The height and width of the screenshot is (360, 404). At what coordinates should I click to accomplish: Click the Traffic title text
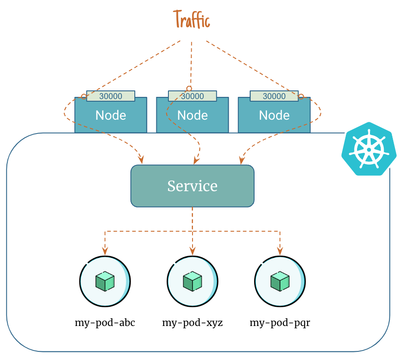(192, 20)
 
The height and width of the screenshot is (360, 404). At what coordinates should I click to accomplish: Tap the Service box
(192, 186)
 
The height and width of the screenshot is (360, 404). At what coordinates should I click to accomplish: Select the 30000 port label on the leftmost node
(111, 96)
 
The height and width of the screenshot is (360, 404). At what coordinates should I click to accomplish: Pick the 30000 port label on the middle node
(192, 96)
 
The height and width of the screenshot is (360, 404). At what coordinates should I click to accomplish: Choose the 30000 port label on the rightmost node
(274, 96)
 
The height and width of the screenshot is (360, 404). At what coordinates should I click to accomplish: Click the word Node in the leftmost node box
(111, 115)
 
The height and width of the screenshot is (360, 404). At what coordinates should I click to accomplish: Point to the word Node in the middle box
(193, 115)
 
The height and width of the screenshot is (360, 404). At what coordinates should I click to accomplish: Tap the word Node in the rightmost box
(274, 115)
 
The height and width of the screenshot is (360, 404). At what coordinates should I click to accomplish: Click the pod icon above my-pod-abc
(105, 282)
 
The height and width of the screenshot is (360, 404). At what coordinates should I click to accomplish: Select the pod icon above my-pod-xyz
(193, 282)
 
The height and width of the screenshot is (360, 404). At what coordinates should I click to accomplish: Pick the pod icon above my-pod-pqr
(280, 282)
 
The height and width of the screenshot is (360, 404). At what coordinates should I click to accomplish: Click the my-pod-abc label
(105, 323)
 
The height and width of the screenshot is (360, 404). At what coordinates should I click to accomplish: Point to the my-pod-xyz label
(193, 323)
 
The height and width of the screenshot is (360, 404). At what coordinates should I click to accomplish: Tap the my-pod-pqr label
(280, 323)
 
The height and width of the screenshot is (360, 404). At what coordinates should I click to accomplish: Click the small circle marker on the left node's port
(84, 96)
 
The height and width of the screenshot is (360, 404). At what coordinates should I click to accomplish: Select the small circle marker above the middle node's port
(189, 88)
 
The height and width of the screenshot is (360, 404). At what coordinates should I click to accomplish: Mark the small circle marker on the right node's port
(301, 96)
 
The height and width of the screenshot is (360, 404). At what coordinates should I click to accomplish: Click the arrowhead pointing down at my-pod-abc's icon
(105, 250)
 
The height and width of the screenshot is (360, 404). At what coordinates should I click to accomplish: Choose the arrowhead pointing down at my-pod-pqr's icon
(280, 250)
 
